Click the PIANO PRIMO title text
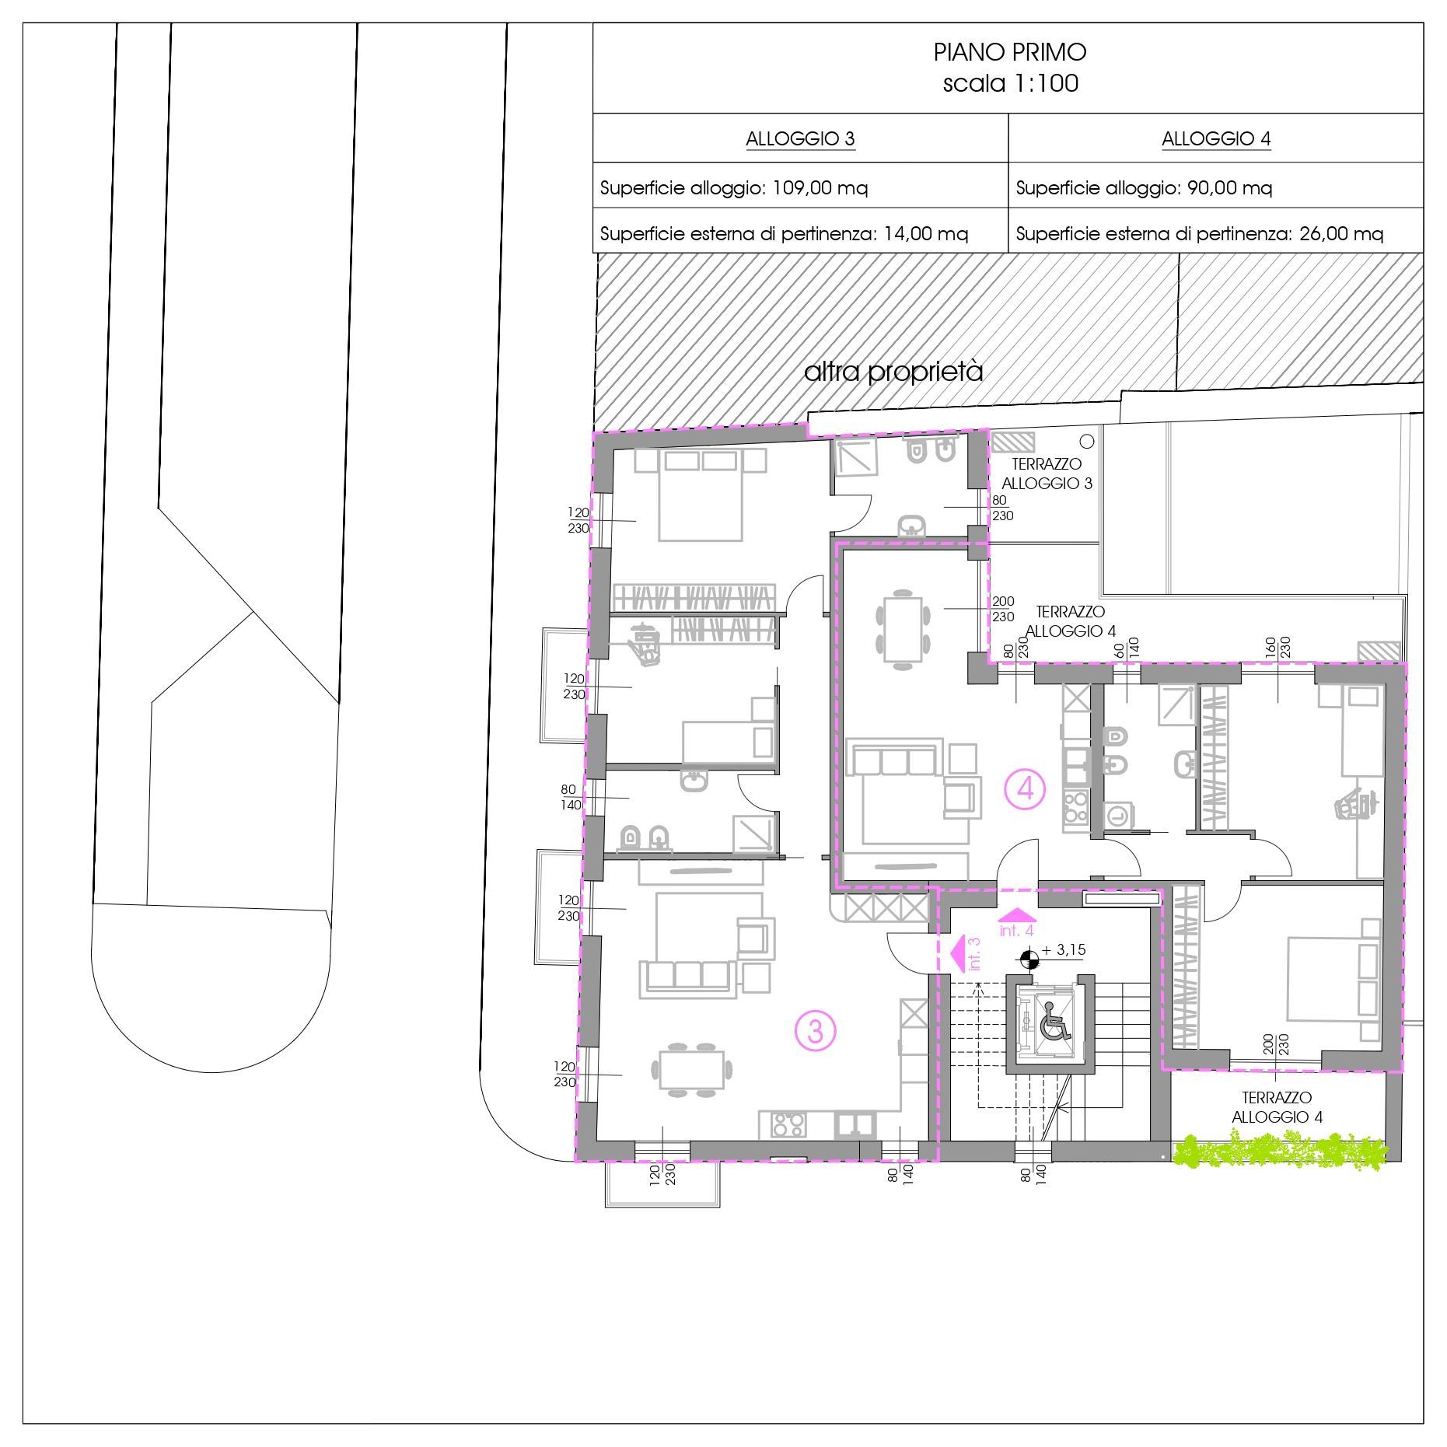pyautogui.click(x=1009, y=52)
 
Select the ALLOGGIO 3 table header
pyautogui.click(x=800, y=139)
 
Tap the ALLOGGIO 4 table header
pyautogui.click(x=1216, y=139)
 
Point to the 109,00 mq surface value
pyautogui.click(x=820, y=188)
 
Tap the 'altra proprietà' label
pyautogui.click(x=893, y=372)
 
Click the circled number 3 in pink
pyautogui.click(x=815, y=1032)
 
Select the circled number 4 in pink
pyautogui.click(x=1025, y=790)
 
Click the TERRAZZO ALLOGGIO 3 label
pyautogui.click(x=1047, y=474)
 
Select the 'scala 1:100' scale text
pyautogui.click(x=1010, y=83)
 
